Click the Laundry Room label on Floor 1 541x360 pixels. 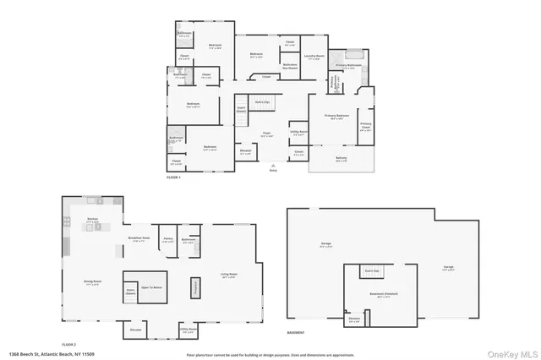point(314,58)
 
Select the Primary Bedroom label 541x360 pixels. point(336,118)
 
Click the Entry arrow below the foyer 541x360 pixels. point(272,166)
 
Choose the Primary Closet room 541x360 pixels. point(365,129)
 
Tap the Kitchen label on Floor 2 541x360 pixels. point(93,221)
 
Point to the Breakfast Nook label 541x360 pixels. point(139,239)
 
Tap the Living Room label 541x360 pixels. point(228,275)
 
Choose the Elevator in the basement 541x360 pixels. point(355,320)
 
